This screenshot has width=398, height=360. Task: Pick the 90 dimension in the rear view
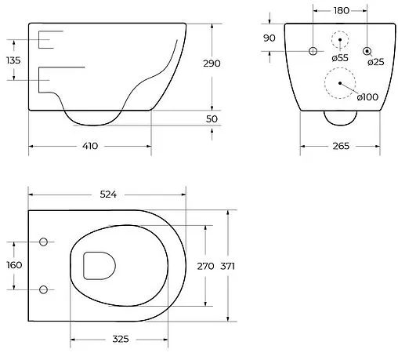coord(270,38)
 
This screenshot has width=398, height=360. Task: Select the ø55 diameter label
coord(339,57)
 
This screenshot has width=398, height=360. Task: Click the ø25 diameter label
coord(376,62)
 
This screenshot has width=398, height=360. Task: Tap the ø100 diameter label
coord(368,96)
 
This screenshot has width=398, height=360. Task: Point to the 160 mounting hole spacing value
coord(13,264)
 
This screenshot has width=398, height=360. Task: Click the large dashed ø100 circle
coord(338,82)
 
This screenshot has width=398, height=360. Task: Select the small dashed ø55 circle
coord(339,39)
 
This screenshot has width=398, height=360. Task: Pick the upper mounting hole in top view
coord(42,241)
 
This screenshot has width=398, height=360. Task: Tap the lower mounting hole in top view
coord(42,289)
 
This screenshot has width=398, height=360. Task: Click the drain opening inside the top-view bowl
coord(98,266)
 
